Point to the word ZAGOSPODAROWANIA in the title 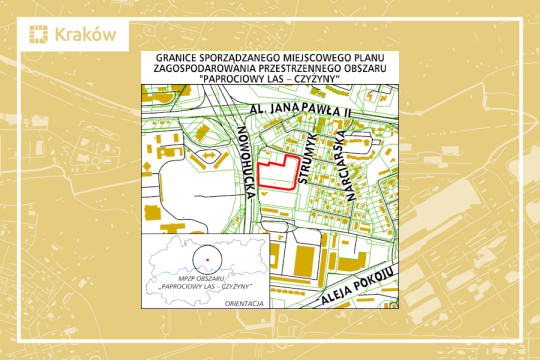[203, 70]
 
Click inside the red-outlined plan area [277, 176]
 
